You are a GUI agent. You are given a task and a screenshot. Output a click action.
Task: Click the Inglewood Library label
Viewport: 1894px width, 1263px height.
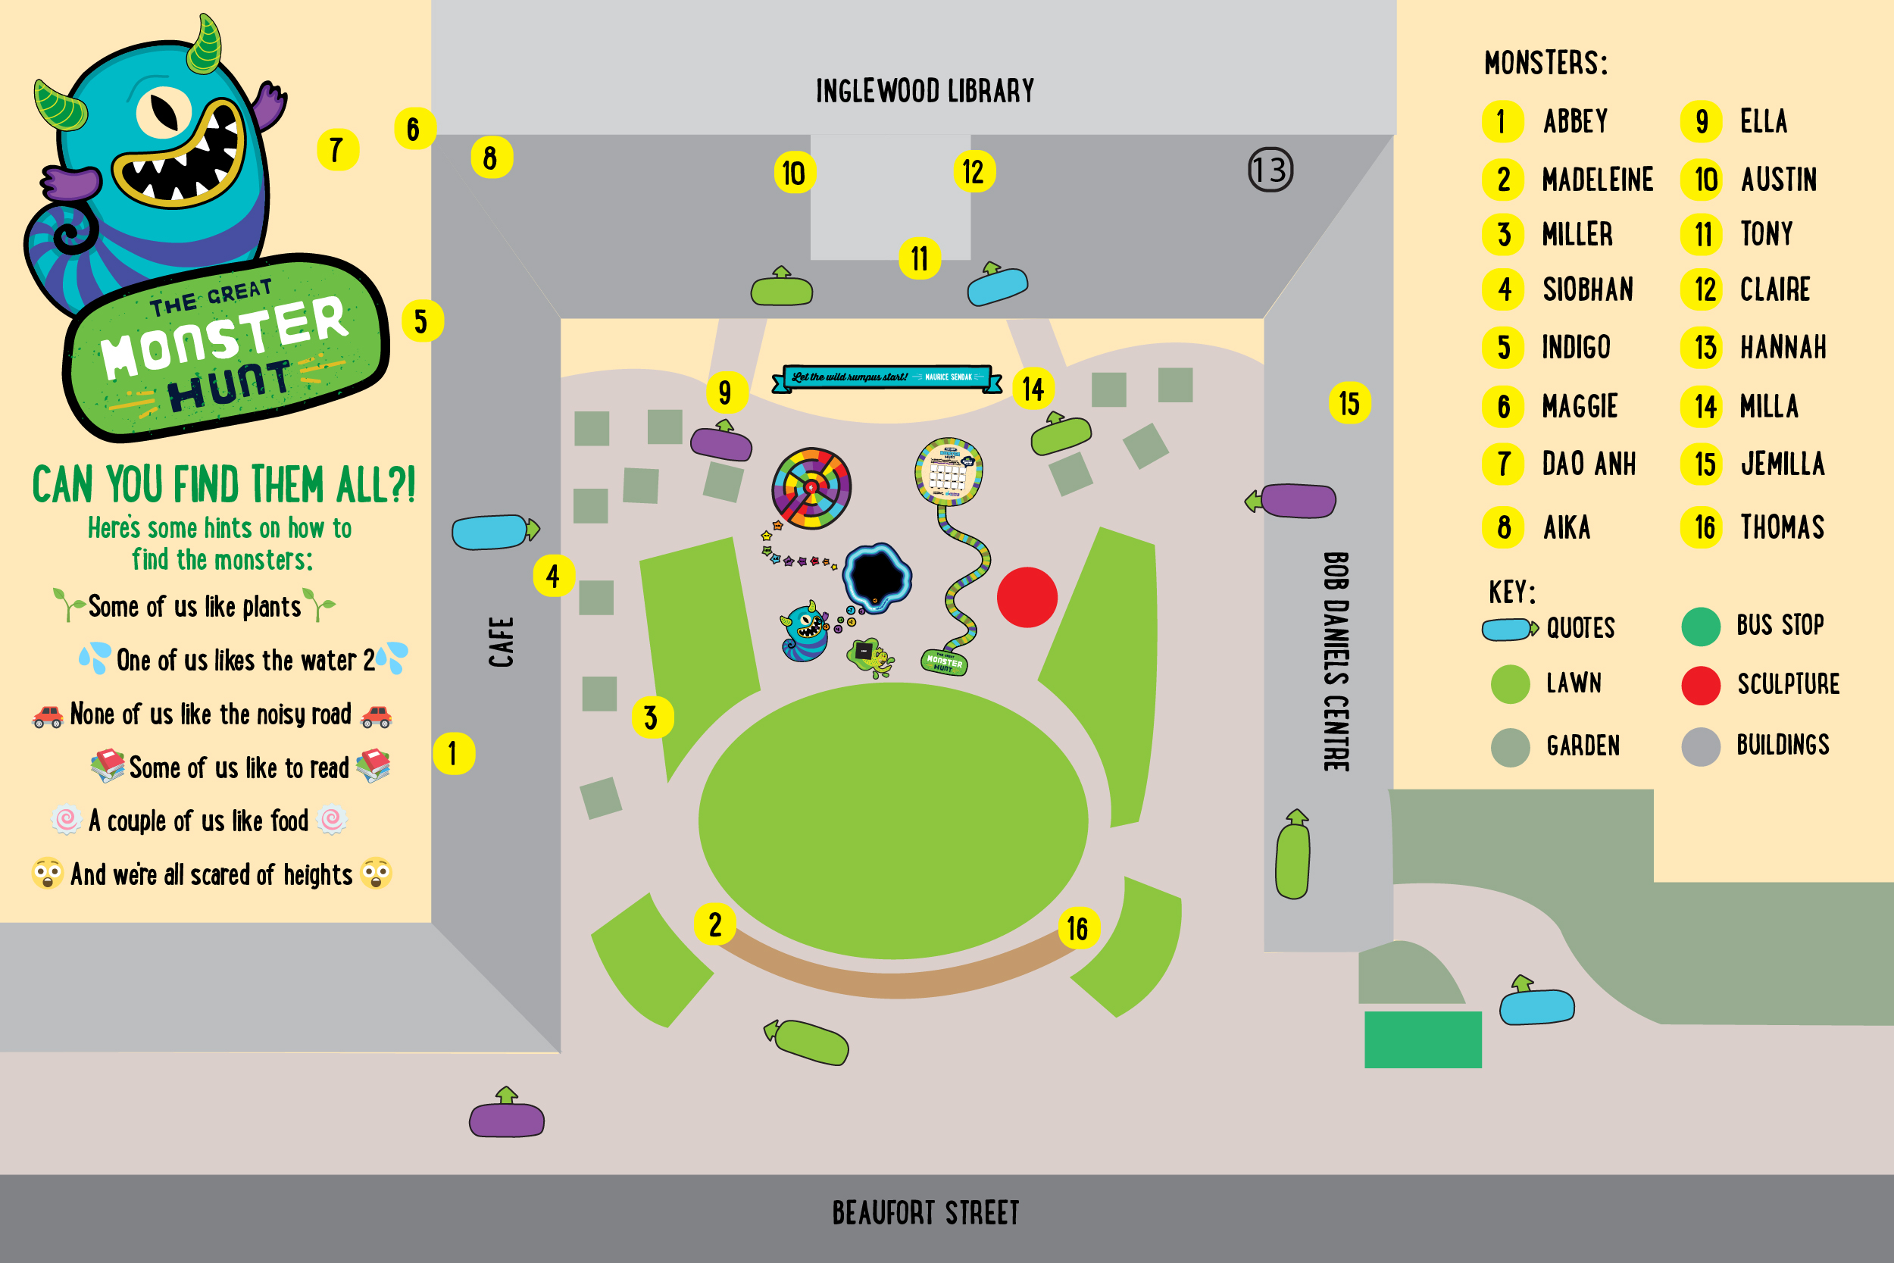click(924, 91)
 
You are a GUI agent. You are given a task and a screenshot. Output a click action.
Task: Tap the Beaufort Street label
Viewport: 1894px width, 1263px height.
click(925, 1212)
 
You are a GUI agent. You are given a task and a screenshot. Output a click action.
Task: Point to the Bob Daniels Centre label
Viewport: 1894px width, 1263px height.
click(1336, 661)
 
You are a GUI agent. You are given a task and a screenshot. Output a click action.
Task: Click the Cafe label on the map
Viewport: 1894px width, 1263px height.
click(501, 642)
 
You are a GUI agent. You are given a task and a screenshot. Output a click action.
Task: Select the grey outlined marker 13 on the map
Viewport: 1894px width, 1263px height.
click(1270, 170)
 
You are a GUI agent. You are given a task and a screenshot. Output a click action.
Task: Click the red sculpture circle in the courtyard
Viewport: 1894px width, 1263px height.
click(1027, 597)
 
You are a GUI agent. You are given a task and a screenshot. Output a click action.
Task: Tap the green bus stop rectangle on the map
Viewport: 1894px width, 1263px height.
click(1422, 1039)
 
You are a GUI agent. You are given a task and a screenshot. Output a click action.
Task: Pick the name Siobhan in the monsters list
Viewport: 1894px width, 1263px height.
click(1587, 290)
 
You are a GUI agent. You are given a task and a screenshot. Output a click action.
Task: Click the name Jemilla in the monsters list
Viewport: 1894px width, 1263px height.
click(1782, 464)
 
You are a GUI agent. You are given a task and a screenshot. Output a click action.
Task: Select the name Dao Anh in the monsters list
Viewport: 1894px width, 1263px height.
click(1588, 464)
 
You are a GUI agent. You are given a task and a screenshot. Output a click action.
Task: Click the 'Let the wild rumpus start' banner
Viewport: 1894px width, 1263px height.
click(886, 378)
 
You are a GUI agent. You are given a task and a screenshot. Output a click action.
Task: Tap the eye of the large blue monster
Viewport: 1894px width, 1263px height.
click(164, 112)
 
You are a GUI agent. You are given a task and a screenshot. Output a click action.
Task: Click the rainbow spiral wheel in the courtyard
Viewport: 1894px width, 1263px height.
click(811, 488)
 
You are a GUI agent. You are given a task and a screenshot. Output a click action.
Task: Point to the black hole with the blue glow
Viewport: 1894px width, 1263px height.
click(876, 577)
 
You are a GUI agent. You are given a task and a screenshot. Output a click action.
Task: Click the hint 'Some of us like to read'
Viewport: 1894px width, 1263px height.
click(239, 767)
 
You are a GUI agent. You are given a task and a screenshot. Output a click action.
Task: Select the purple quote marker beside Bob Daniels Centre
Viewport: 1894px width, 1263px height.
click(1297, 500)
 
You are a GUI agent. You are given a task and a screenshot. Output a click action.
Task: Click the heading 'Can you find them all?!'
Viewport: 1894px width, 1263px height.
click(223, 485)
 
